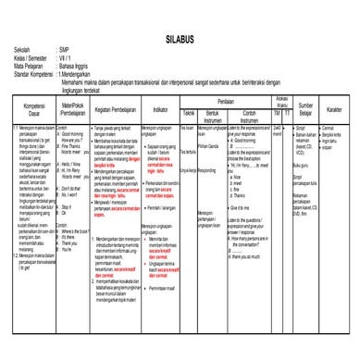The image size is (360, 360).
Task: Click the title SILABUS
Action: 180,41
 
